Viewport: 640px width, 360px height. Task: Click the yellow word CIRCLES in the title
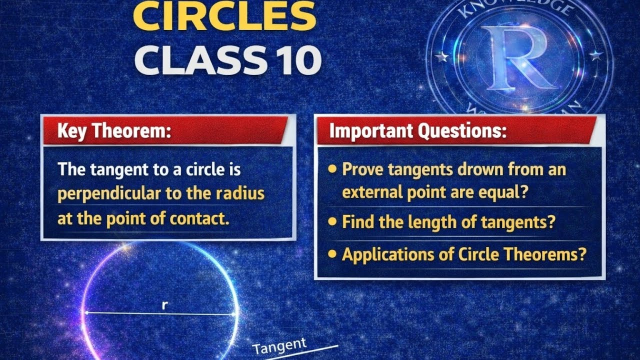(x=225, y=16)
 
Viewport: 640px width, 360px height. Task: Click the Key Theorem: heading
(x=114, y=131)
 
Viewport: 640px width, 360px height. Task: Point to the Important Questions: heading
(x=418, y=131)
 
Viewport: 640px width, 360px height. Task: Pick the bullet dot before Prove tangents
(x=332, y=169)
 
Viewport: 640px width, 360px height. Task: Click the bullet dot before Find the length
(x=332, y=222)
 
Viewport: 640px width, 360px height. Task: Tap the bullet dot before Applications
(x=332, y=254)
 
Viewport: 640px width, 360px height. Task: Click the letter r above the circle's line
(x=164, y=305)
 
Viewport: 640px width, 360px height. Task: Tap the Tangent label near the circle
(x=279, y=345)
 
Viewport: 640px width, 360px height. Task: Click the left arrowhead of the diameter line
(x=85, y=313)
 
